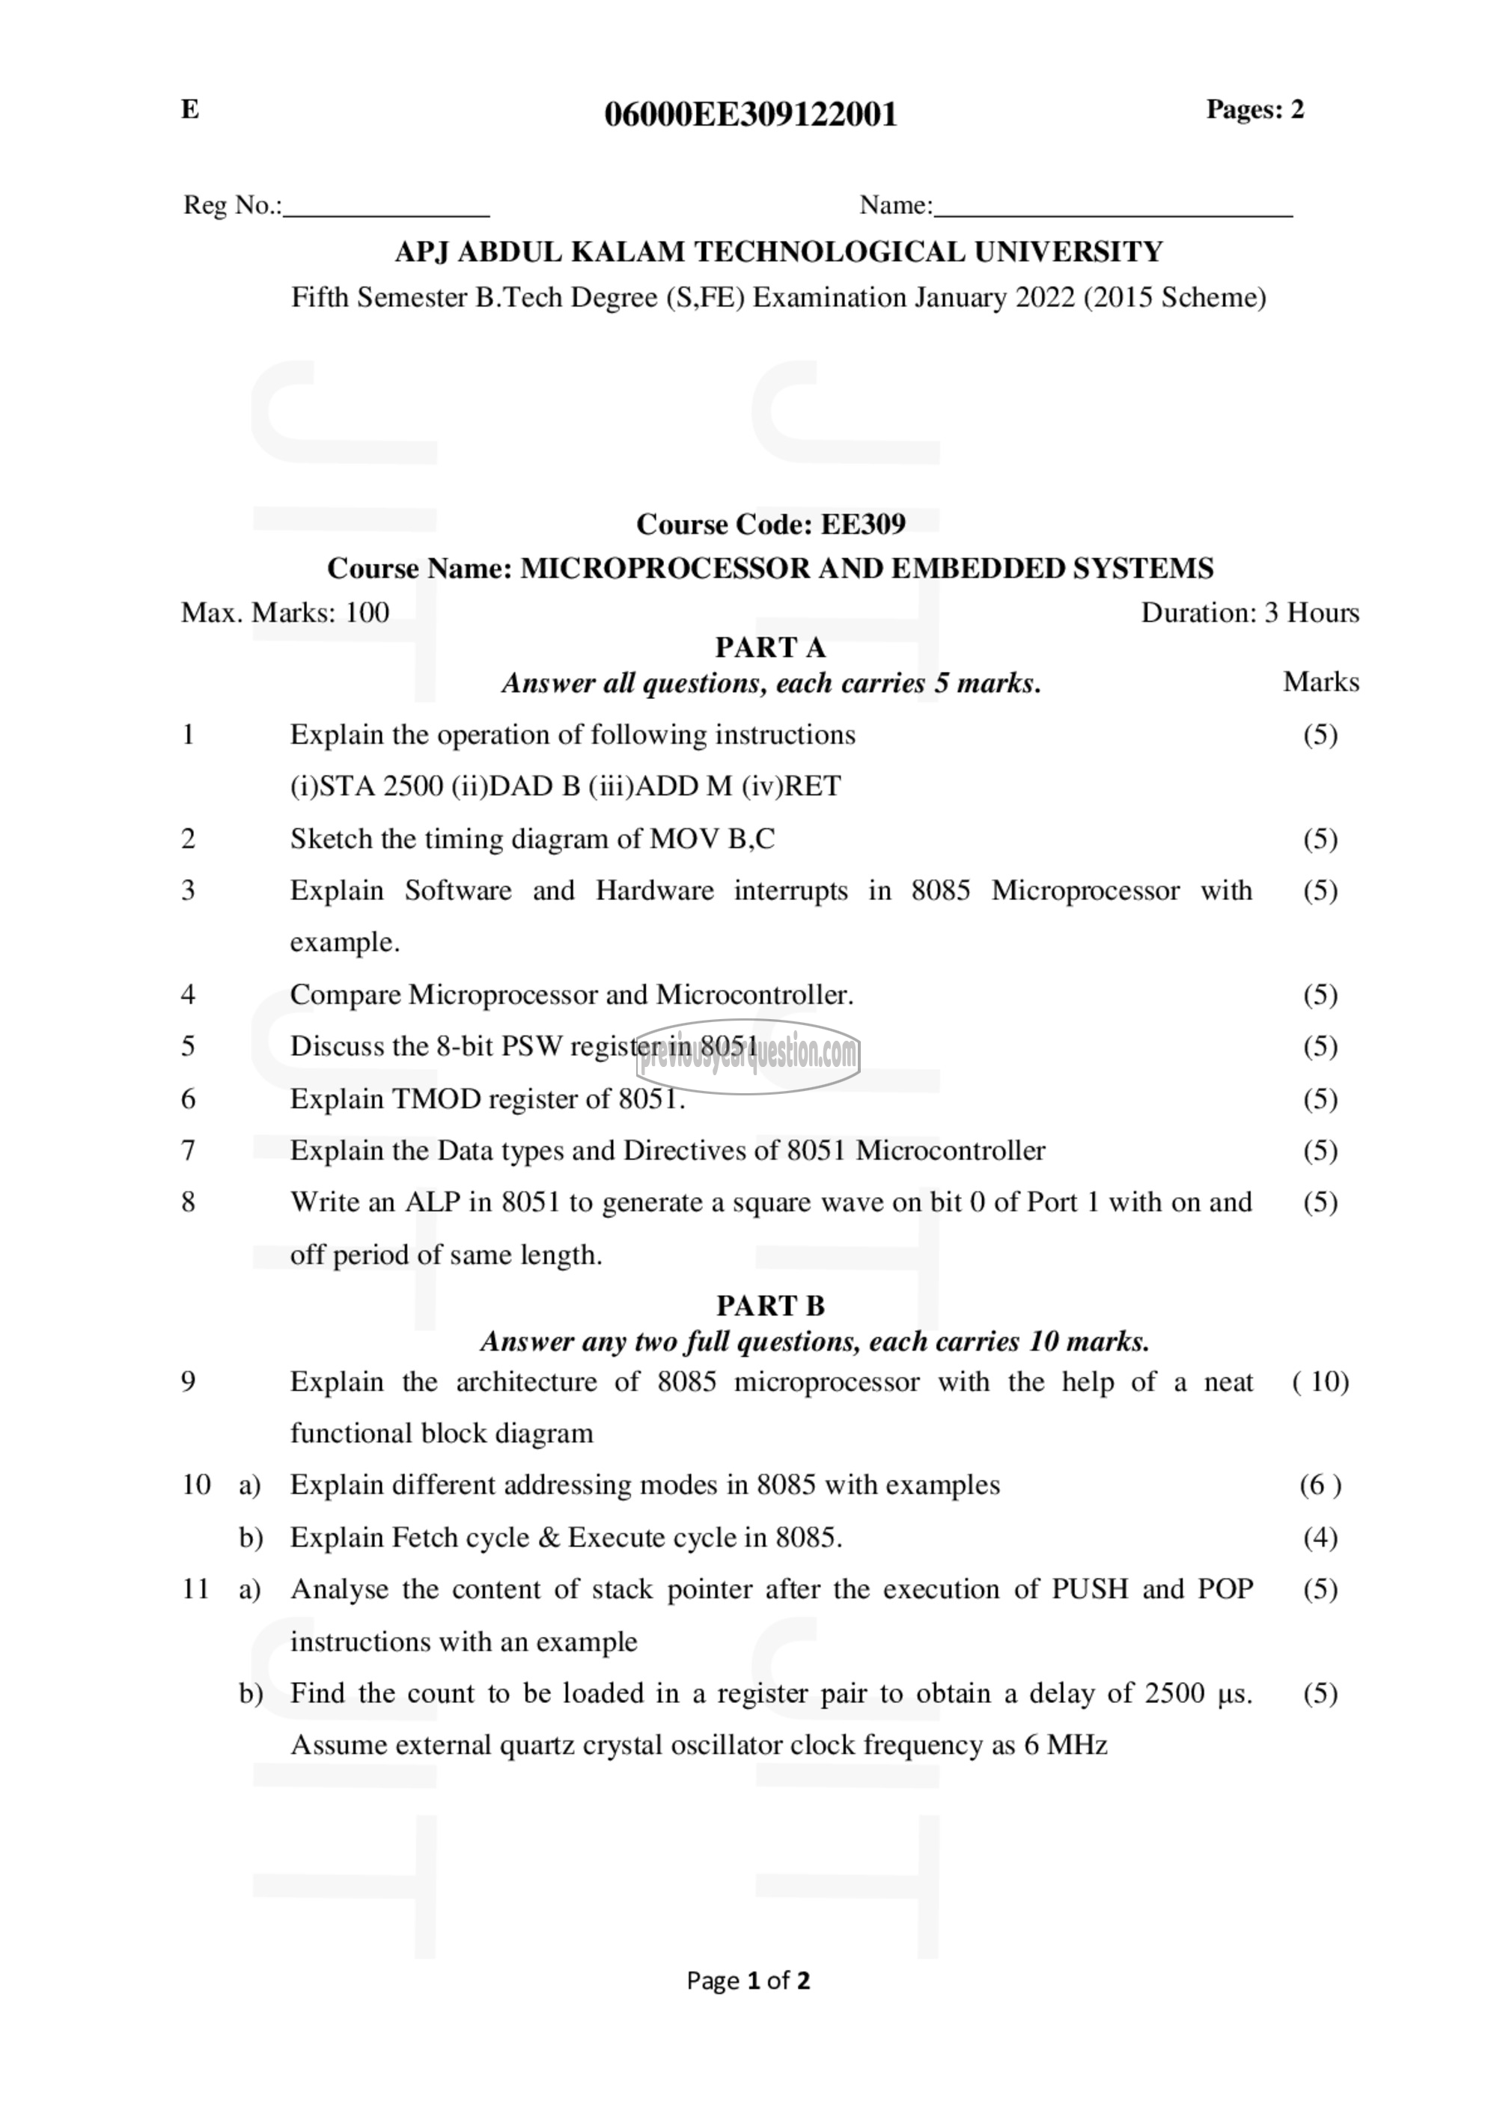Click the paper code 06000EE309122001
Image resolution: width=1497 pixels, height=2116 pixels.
pyautogui.click(x=749, y=114)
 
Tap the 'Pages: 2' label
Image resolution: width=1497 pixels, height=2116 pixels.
pyautogui.click(x=1254, y=110)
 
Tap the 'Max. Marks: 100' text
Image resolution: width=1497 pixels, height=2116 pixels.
pyautogui.click(x=285, y=613)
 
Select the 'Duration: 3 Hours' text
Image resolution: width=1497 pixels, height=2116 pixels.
pyautogui.click(x=1249, y=613)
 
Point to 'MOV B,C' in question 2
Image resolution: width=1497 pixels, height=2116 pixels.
pyautogui.click(x=712, y=839)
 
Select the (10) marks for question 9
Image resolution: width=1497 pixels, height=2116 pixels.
pyautogui.click(x=1320, y=1381)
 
